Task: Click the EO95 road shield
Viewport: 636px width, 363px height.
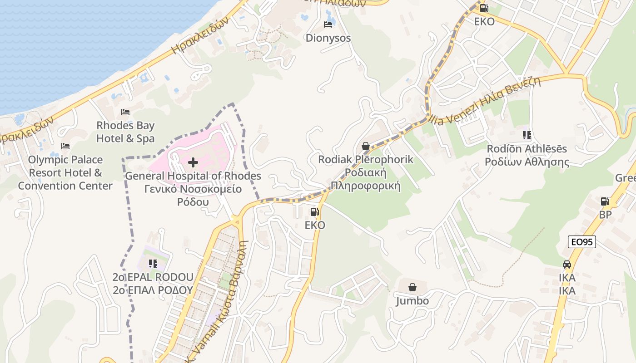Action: [582, 242]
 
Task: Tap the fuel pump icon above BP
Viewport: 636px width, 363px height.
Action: [605, 201]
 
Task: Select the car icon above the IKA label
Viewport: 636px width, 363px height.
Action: [567, 264]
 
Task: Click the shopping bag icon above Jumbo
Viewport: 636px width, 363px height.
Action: [412, 287]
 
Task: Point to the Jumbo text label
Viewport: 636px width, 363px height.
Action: [412, 301]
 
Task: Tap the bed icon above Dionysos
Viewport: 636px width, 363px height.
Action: [328, 25]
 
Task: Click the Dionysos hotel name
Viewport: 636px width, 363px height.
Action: [328, 38]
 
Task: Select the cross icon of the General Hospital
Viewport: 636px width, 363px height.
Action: [193, 162]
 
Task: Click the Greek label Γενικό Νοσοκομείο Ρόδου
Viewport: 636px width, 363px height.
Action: [193, 195]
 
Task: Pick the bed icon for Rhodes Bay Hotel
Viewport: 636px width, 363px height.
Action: [125, 112]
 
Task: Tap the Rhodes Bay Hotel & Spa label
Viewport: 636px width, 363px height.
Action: [125, 132]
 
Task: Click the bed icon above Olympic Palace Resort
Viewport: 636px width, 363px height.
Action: [65, 146]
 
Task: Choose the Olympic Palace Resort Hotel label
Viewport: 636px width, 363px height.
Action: [65, 173]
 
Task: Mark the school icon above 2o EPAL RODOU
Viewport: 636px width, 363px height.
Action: [153, 264]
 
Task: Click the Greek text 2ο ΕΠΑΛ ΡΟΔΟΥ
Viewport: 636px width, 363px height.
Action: [153, 290]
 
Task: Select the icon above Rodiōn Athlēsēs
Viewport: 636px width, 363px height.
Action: [527, 135]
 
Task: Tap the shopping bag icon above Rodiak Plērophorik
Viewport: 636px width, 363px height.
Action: [366, 146]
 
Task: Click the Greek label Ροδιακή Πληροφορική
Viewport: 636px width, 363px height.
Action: [366, 179]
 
